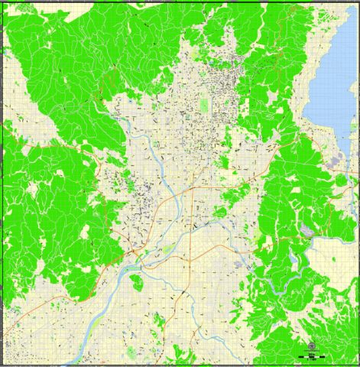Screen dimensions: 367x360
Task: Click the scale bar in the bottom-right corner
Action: pos(313,356)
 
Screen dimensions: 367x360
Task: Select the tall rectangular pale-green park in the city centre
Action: pos(204,106)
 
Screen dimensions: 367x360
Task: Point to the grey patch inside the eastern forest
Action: pos(306,230)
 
